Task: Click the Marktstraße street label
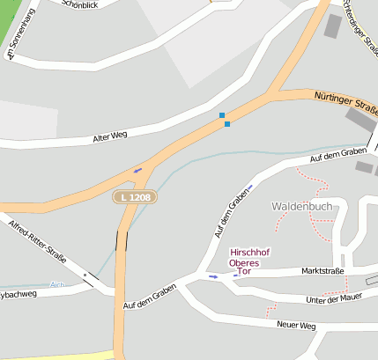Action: pos(322,272)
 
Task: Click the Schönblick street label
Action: pos(81,4)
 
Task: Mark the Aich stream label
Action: pos(58,284)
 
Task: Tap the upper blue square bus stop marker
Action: pos(222,115)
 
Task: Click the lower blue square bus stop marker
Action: pos(227,124)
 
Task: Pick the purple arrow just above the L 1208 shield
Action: pos(137,170)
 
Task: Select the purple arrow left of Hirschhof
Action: pos(213,276)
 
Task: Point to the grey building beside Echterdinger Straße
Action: pos(333,26)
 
